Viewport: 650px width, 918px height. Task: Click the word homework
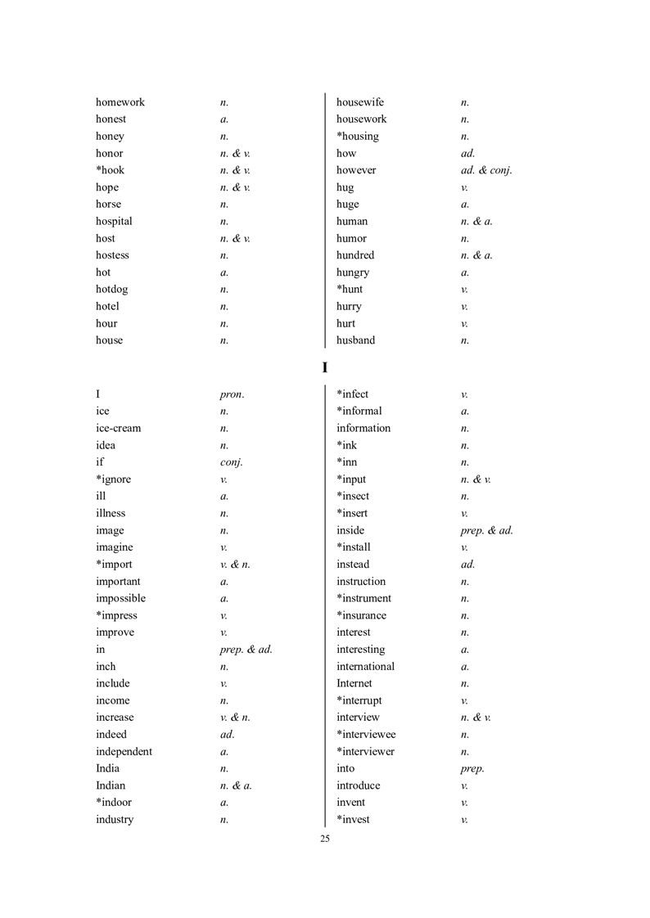[x=120, y=102]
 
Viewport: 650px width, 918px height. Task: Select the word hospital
[x=114, y=221]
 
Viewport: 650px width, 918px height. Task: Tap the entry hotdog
[x=111, y=289]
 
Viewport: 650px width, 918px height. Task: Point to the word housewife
[x=359, y=102]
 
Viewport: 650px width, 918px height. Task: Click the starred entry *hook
[x=110, y=170]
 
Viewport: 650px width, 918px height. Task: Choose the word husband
[x=355, y=340]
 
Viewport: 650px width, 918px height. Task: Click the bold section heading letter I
[x=325, y=368]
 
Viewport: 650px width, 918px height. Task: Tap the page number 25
[x=325, y=839]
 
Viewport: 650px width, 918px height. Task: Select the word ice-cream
[x=118, y=428]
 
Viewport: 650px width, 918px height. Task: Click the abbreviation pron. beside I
[x=232, y=394]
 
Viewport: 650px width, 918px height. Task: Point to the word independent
[x=124, y=751]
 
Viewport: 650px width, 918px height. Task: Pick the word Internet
[x=354, y=683]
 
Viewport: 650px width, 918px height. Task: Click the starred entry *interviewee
[x=365, y=734]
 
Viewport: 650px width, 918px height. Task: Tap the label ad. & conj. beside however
[x=486, y=170]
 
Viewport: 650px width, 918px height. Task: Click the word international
[x=365, y=666]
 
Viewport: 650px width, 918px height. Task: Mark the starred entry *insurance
[x=361, y=615]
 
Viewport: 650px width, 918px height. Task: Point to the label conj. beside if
[x=232, y=462]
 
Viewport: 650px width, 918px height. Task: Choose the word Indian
[x=111, y=785]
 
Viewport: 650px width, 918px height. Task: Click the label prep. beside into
[x=472, y=769]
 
